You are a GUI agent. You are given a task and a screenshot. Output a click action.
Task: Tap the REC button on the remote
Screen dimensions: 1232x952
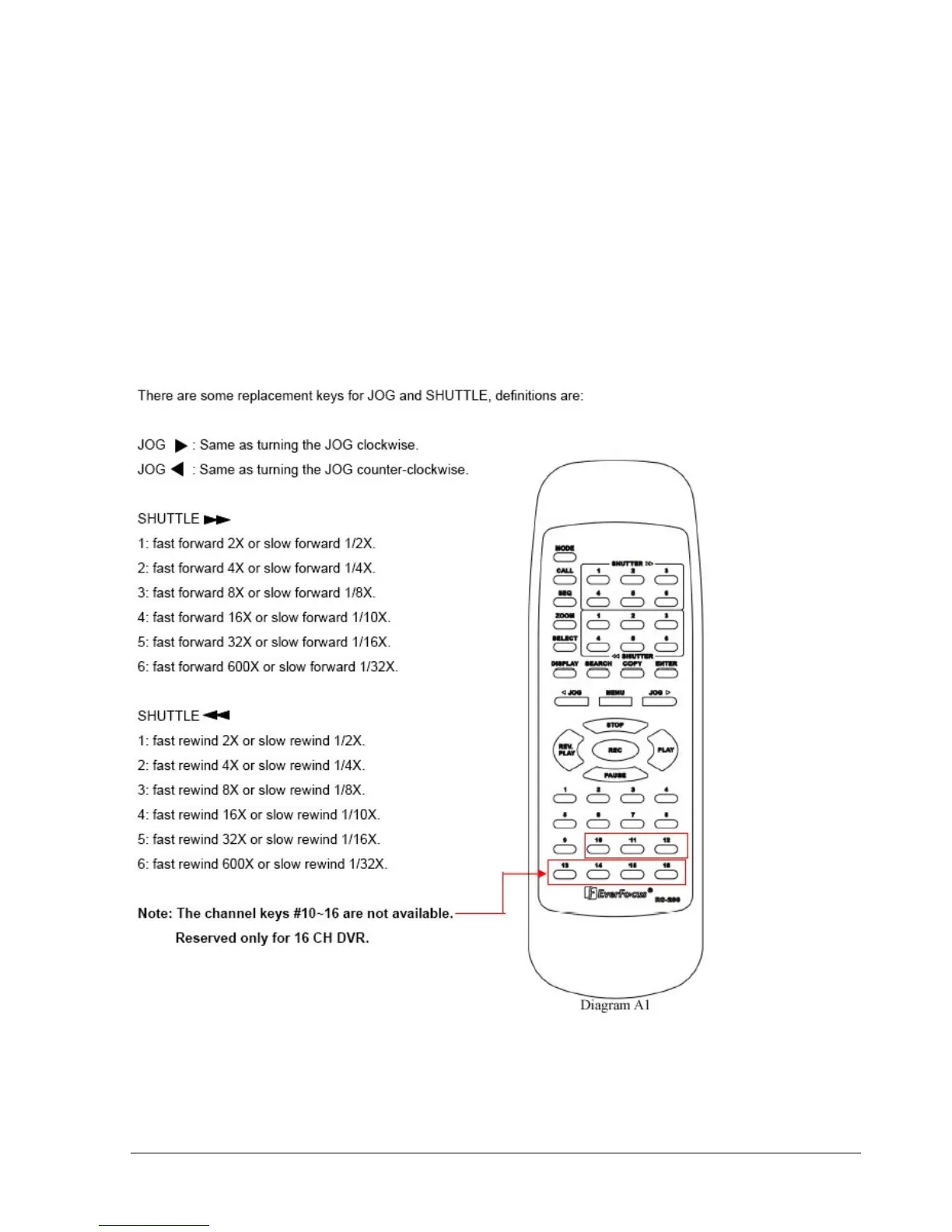pos(615,750)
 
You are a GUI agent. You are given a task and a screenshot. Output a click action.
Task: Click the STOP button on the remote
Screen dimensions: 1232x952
pos(615,726)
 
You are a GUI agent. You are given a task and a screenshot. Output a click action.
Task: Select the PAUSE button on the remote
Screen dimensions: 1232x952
pos(615,775)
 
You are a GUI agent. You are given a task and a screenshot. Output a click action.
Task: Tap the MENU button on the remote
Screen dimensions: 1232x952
pos(615,701)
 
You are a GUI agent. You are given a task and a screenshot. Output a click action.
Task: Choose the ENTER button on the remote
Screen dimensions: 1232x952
pos(666,673)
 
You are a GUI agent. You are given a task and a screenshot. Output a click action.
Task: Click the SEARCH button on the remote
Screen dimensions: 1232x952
pos(598,673)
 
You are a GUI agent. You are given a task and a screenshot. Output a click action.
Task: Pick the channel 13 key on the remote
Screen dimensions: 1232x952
pos(565,873)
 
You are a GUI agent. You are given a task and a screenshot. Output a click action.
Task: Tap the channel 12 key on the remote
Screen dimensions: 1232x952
pos(667,849)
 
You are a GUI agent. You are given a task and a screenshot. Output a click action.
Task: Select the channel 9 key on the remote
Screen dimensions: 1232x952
pos(565,849)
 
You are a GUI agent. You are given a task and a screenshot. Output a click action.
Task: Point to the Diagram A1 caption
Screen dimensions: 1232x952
pos(614,1005)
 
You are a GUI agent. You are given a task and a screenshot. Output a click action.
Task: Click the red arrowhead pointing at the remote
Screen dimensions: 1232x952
pos(543,873)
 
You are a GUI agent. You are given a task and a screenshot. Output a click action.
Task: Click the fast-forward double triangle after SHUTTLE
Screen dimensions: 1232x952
pos(217,519)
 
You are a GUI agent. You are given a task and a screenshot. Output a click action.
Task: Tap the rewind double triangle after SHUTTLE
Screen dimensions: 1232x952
pos(216,716)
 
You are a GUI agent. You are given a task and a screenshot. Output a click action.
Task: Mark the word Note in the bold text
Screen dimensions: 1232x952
pos(154,913)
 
